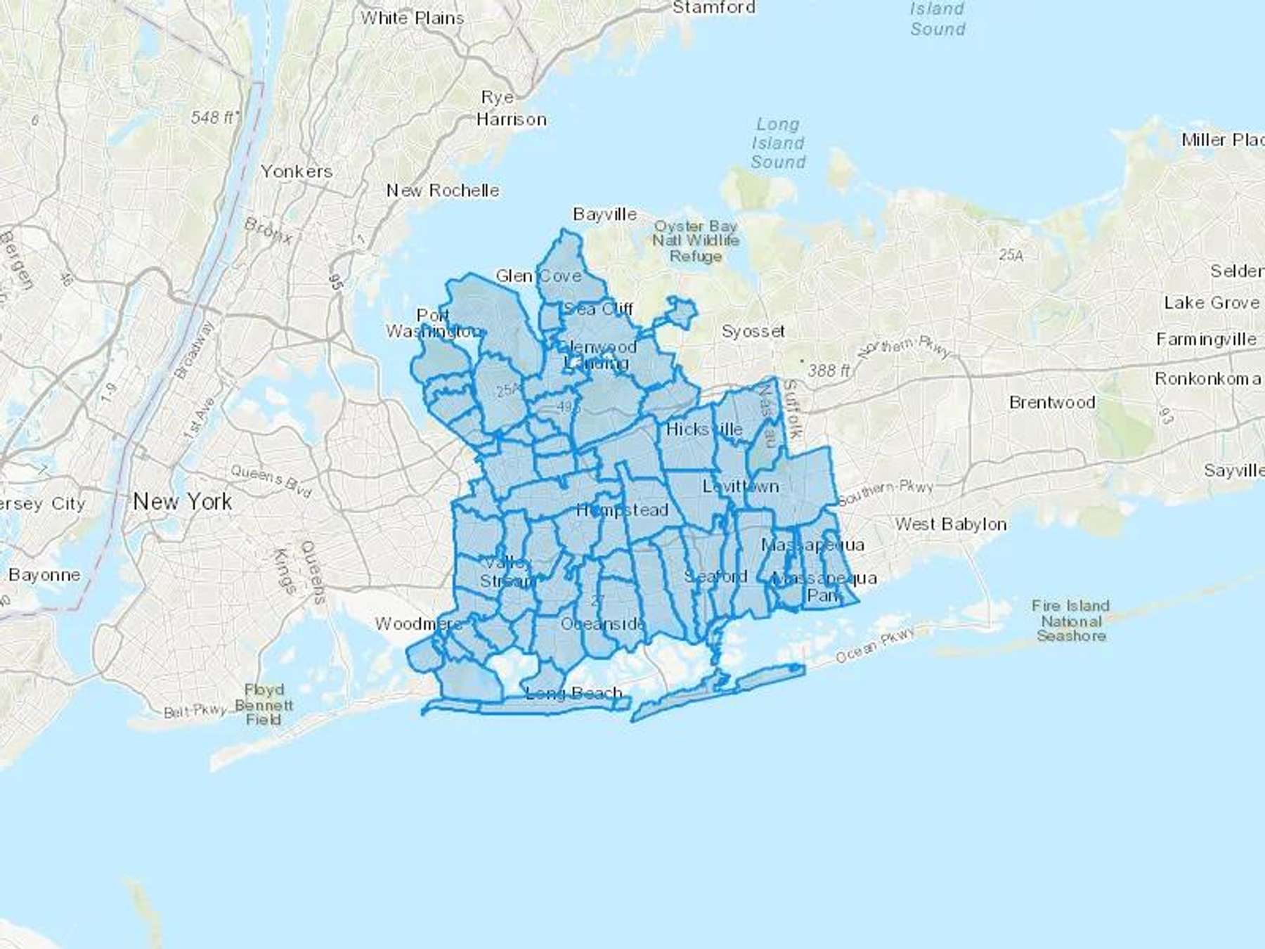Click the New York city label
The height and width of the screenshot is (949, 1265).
[182, 502]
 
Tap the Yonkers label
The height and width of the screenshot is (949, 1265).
[297, 172]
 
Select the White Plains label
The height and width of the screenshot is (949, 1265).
[413, 18]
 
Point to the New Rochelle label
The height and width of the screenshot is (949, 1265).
[443, 191]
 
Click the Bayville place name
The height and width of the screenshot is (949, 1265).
[605, 214]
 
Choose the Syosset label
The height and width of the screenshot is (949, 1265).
[753, 331]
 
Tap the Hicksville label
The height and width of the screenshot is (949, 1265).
[704, 430]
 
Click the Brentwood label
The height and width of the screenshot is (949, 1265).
[1052, 403]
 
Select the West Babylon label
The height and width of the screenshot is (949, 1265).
[950, 524]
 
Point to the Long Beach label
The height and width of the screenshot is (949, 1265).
[573, 694]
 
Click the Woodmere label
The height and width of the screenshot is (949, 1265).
[417, 624]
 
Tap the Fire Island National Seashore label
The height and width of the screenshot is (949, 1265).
[1071, 621]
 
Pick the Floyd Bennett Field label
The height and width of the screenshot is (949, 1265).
[264, 704]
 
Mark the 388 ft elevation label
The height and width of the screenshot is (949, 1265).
[829, 370]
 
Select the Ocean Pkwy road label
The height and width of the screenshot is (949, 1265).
[875, 645]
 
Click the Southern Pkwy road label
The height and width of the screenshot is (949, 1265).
[885, 493]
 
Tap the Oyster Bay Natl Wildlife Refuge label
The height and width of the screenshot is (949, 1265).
[696, 241]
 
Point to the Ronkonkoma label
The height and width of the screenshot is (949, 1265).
[1207, 379]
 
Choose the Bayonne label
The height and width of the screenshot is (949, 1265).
[44, 575]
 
